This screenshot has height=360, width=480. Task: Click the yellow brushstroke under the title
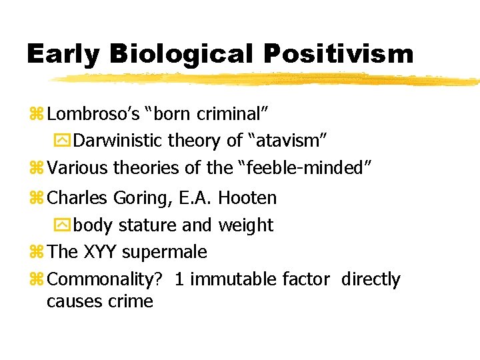[x=267, y=79]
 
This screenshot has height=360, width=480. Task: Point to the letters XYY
[x=100, y=252]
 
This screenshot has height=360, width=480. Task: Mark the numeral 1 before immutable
[x=179, y=279]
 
